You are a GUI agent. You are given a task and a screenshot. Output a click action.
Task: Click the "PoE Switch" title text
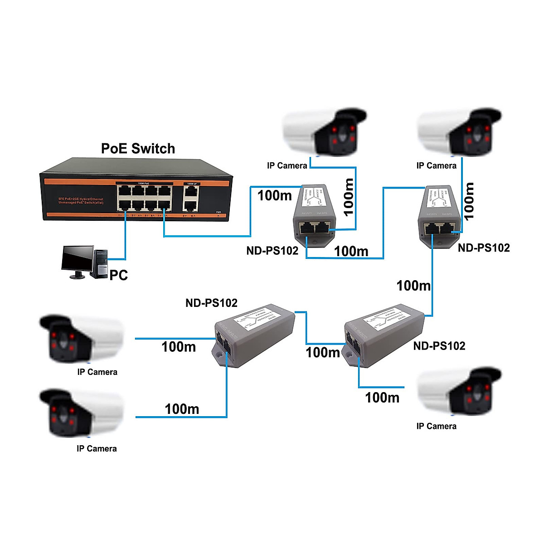point(138,149)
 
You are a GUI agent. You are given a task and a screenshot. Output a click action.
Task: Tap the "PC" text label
point(119,275)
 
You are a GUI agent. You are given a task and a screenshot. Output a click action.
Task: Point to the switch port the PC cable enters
point(123,204)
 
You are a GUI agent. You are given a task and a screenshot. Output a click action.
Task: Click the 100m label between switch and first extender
point(274,195)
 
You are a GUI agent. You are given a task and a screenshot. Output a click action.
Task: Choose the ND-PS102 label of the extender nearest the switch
point(272,251)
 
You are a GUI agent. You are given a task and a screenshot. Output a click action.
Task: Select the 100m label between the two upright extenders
point(351,251)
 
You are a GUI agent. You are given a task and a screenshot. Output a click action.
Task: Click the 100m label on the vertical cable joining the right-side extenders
point(413,286)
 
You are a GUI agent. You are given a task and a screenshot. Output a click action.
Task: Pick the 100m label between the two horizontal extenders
point(322,352)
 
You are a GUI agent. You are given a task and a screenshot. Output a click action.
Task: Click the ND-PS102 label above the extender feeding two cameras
point(211,303)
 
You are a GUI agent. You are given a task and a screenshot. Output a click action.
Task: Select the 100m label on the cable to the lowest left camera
point(182,409)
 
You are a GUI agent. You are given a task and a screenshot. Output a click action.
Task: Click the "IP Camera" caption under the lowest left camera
point(97,448)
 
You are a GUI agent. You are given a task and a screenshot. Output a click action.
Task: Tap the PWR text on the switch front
point(219,212)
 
